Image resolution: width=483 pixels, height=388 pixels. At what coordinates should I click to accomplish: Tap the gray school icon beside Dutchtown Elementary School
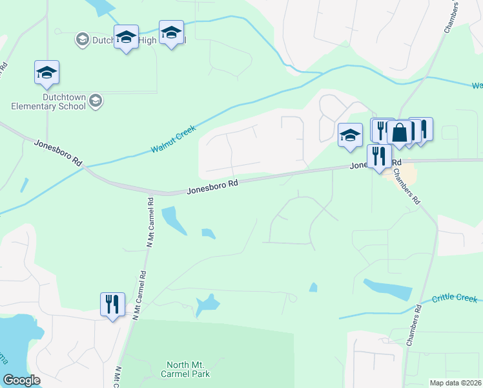[x=96, y=100]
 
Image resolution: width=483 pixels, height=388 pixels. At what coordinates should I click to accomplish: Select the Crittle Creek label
[x=455, y=298]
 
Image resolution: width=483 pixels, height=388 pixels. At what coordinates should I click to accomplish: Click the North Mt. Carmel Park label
[x=188, y=369]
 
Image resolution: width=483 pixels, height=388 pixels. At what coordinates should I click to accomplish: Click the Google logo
[x=21, y=380]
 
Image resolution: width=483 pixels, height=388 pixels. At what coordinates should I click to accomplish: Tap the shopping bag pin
[x=400, y=133]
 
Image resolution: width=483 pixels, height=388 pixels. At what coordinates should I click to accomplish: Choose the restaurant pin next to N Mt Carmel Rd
[x=113, y=305]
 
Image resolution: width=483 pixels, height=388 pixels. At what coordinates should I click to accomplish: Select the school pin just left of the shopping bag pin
[x=350, y=135]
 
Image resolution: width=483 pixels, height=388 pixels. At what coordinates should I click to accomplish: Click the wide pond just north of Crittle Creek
[x=387, y=289]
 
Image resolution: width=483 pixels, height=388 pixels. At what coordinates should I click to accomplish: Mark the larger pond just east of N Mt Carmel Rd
[x=173, y=220]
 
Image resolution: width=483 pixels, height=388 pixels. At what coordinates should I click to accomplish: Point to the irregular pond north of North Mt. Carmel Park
[x=207, y=304]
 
